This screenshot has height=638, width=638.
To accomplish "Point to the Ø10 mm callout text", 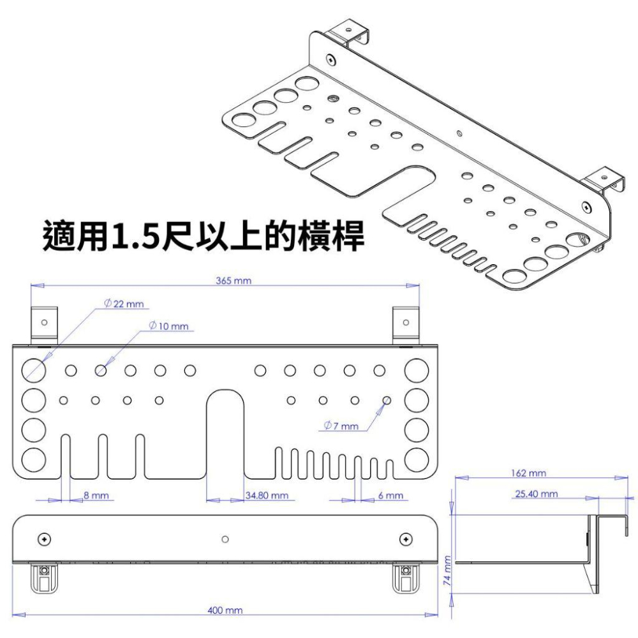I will point(172,326).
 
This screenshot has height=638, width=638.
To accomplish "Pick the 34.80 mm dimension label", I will point(267,495).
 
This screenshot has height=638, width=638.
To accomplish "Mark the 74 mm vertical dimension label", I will point(447,571).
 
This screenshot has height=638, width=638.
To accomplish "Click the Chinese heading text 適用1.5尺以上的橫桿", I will point(204,237).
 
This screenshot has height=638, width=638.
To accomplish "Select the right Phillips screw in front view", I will point(404,539).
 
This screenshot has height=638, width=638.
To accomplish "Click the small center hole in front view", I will point(225,539).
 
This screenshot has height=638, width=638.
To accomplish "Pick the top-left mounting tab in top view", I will point(44,324).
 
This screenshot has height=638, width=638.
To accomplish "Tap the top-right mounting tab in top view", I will point(405,324).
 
